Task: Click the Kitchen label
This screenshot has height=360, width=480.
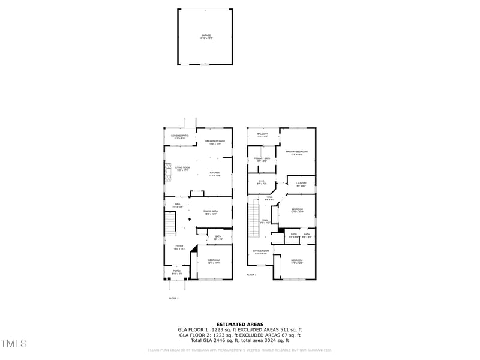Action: click(215, 174)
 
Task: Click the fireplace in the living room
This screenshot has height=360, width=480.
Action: click(168, 172)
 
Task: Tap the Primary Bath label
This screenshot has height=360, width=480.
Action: click(262, 159)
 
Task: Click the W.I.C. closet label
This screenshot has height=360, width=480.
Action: click(262, 181)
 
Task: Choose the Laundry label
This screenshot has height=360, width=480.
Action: click(301, 184)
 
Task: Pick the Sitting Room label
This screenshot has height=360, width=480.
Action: click(260, 253)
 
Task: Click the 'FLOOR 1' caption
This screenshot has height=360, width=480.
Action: click(173, 298)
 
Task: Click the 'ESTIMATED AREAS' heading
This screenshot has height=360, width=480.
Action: click(239, 324)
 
